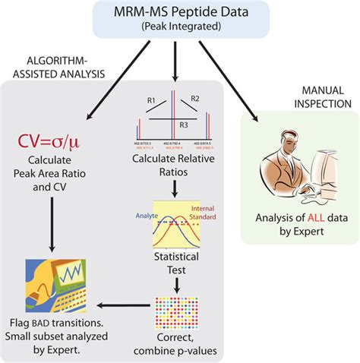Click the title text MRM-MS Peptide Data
[x=180, y=13]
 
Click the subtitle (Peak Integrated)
[x=180, y=27]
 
